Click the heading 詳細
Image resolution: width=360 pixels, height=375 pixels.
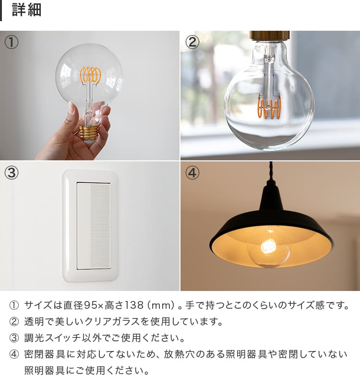[26, 10]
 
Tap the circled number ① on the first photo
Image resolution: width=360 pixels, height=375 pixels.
[11, 42]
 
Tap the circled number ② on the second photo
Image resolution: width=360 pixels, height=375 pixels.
[192, 42]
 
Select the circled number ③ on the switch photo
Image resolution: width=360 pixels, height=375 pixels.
[11, 173]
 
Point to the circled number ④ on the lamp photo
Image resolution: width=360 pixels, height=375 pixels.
[192, 173]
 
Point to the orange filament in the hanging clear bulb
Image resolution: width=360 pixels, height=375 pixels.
[269, 107]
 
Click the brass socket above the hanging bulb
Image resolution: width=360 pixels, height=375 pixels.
[269, 36]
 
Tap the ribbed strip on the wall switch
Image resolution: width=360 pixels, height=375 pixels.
[100, 226]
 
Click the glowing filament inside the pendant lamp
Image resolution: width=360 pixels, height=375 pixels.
[269, 246]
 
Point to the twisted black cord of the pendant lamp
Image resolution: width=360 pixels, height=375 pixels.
[271, 171]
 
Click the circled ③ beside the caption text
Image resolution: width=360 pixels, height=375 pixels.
[13, 338]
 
